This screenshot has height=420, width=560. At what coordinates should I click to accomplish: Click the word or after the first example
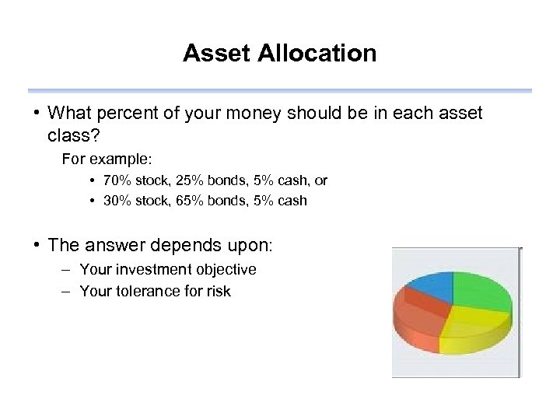point(320,180)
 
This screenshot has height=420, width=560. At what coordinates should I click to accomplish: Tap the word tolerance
point(142,292)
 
